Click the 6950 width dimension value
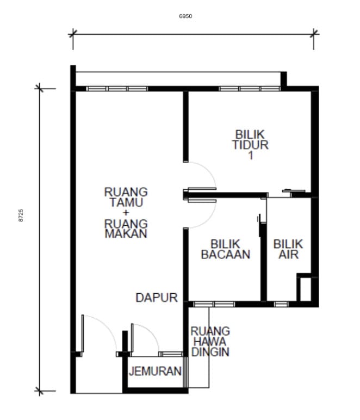click(x=185, y=16)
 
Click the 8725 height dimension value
click(x=21, y=215)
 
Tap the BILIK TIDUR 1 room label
click(x=250, y=145)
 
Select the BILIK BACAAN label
click(x=226, y=249)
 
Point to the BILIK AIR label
click(x=288, y=249)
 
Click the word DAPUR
click(x=157, y=298)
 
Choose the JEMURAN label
click(x=155, y=371)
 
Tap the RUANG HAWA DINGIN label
click(x=210, y=342)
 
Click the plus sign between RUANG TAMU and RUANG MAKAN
click(x=126, y=213)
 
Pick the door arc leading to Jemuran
click(x=151, y=332)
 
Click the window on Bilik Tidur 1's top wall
click(x=250, y=89)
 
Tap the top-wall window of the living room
click(x=117, y=89)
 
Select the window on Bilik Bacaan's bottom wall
click(x=214, y=304)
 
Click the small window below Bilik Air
click(x=281, y=304)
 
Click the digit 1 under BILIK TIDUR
click(x=251, y=156)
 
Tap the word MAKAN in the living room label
click(x=126, y=233)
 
